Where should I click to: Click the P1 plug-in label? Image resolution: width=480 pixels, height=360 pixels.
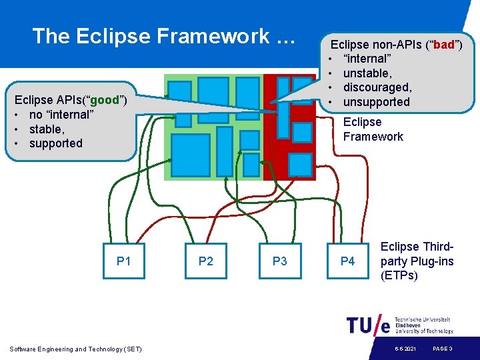click(x=123, y=261)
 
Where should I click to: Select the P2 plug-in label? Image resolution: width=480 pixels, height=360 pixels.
click(x=206, y=261)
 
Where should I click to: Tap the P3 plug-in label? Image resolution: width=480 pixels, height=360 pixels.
click(x=280, y=261)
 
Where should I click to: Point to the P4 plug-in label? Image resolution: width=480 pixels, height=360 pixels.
click(x=348, y=261)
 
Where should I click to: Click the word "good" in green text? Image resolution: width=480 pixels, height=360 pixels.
click(x=104, y=100)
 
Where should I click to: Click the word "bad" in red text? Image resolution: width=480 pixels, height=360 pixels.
click(x=445, y=45)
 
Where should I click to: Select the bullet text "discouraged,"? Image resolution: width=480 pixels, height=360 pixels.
click(x=377, y=87)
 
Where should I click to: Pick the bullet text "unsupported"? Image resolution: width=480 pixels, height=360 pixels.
click(x=376, y=102)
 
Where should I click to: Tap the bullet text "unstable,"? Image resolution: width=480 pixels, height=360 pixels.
click(x=367, y=73)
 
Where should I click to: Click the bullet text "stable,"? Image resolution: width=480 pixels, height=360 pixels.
click(x=47, y=129)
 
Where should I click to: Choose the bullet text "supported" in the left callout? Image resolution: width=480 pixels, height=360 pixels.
click(x=56, y=143)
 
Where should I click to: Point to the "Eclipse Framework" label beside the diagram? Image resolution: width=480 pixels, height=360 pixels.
click(x=373, y=129)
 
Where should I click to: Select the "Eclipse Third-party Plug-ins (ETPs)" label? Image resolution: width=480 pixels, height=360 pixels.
click(x=417, y=261)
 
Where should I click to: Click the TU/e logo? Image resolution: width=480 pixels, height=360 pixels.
click(x=368, y=325)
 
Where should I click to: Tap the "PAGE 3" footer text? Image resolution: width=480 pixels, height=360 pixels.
click(x=443, y=349)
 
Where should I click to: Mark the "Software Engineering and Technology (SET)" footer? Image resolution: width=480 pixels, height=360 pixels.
click(x=76, y=349)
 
